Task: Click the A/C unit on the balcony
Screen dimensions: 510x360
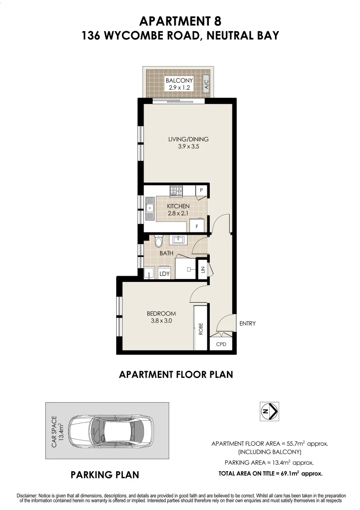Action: pos(206,85)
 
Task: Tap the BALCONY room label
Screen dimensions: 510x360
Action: pos(179,84)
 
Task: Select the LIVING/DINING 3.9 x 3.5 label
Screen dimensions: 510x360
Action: pos(189,143)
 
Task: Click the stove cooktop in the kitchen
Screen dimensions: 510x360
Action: pos(176,191)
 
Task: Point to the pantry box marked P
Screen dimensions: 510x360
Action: pos(201,190)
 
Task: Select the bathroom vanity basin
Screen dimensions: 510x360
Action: pos(179,240)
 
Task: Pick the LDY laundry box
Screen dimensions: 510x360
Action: pos(164,273)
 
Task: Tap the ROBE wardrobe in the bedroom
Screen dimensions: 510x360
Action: pos(201,328)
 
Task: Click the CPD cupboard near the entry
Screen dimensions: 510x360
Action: pos(221,344)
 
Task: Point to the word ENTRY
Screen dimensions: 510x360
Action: pos(247,323)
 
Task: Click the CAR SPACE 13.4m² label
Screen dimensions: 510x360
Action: pos(57,431)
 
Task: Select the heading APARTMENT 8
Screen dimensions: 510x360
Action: pos(180,21)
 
